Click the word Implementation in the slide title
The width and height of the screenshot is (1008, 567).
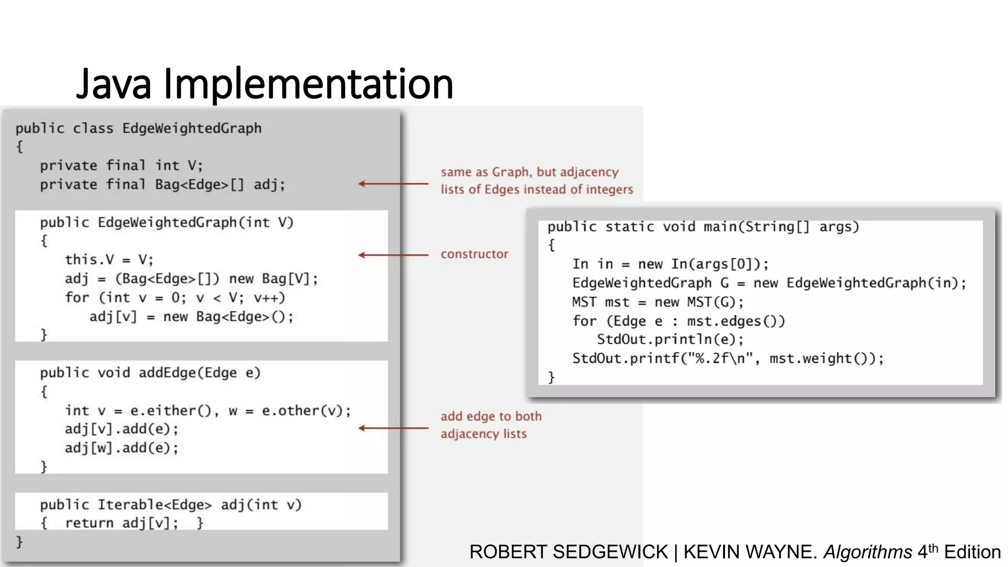[x=308, y=84]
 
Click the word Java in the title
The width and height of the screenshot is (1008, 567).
[x=114, y=84]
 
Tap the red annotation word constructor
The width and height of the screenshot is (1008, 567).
[x=474, y=254]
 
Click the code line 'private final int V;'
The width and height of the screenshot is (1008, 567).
[x=121, y=165]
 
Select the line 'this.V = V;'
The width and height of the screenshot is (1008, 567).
[x=109, y=259]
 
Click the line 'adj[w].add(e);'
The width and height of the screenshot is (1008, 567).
[x=122, y=448]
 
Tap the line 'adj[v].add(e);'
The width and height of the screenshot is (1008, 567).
[x=122, y=429]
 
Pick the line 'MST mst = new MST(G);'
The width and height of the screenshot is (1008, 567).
[x=658, y=302]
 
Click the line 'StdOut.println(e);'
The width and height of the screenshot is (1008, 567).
[x=670, y=340]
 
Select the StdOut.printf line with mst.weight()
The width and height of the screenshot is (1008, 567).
[x=727, y=358]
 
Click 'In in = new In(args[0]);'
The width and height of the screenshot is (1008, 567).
[x=670, y=264]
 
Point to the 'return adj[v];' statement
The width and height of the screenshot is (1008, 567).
[x=122, y=523]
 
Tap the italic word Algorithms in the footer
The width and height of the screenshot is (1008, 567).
[x=868, y=552]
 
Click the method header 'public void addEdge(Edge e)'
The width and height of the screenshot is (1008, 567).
[x=150, y=373]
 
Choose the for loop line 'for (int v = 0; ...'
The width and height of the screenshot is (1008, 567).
[x=175, y=298]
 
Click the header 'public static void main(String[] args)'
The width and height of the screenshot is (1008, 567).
[x=703, y=227]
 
